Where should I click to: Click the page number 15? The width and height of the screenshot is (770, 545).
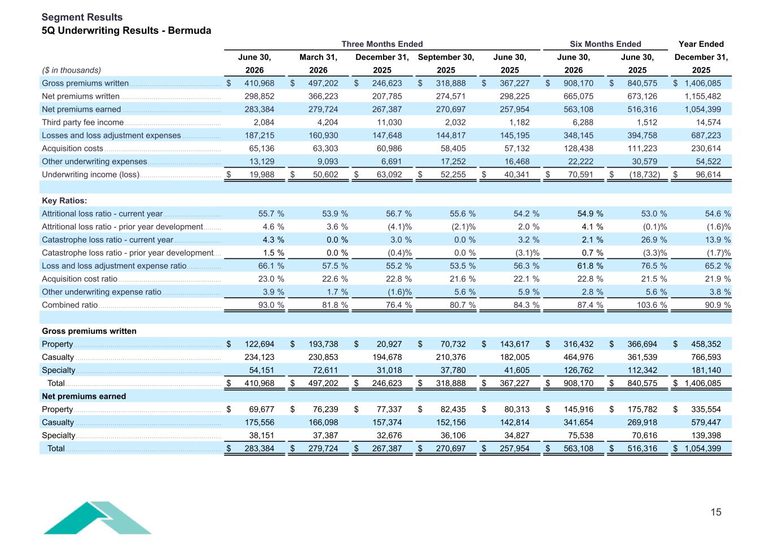716,512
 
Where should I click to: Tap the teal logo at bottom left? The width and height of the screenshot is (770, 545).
97,517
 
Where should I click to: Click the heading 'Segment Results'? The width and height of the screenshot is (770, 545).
82,17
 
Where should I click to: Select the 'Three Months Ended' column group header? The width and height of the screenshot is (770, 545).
382,44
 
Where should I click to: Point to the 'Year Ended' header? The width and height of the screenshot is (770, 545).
701,44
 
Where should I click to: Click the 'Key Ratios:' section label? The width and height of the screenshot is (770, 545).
64,200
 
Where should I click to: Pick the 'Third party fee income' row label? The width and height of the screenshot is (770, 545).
82,122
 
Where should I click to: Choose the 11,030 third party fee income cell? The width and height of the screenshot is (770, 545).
389,122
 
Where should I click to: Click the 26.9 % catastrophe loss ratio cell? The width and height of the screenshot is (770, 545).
654,240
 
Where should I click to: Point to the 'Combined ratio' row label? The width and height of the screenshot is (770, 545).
70,305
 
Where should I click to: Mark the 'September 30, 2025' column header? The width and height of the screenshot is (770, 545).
446,64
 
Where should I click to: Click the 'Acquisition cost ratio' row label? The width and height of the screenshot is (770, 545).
80,279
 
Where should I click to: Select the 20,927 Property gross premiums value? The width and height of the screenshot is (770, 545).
389,344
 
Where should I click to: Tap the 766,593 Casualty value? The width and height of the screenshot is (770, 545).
706,357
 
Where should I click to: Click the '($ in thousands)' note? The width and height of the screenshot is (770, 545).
72,70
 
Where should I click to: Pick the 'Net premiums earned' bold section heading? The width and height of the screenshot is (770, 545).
84,396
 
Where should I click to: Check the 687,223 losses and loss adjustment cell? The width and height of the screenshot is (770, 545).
706,135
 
